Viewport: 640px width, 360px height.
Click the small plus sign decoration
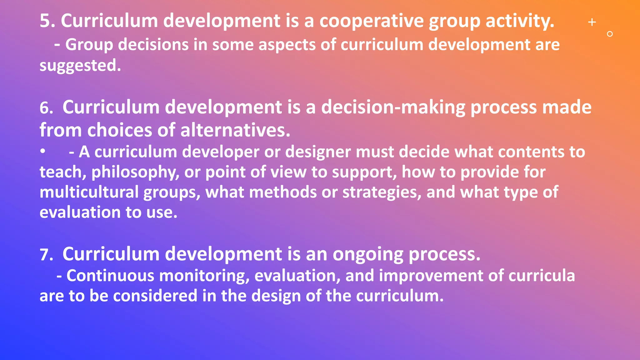[592, 22]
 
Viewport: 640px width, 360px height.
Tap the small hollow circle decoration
[610, 34]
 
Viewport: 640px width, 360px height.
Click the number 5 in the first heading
[46, 21]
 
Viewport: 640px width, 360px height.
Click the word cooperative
[371, 21]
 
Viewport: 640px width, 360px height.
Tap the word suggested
[78, 66]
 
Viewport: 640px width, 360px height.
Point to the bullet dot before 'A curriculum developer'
[43, 151]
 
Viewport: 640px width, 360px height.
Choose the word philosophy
[133, 172]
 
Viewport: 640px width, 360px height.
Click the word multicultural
[89, 192]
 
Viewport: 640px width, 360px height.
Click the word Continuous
[110, 276]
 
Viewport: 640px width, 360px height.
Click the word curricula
[542, 276]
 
